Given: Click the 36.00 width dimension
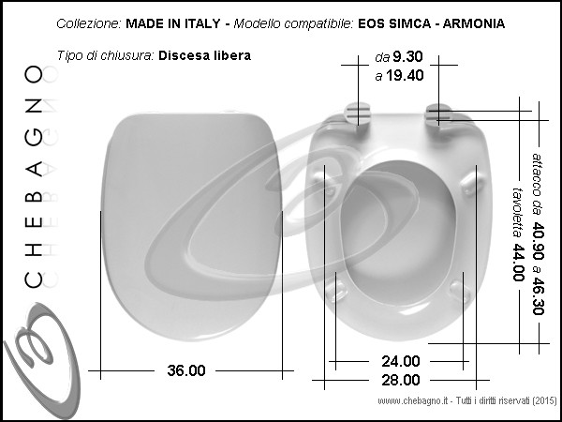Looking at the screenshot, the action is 186,370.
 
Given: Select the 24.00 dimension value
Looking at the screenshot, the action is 400,361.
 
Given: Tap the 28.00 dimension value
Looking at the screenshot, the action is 400,380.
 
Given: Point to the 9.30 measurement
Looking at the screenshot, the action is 407,56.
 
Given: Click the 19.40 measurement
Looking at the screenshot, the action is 405,75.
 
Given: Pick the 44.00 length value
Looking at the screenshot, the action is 519,263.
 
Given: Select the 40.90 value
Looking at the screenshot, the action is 538,240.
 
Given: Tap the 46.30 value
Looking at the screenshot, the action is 538,295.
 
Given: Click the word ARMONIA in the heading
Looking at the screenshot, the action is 474,23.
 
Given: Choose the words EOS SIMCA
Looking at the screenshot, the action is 394,23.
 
